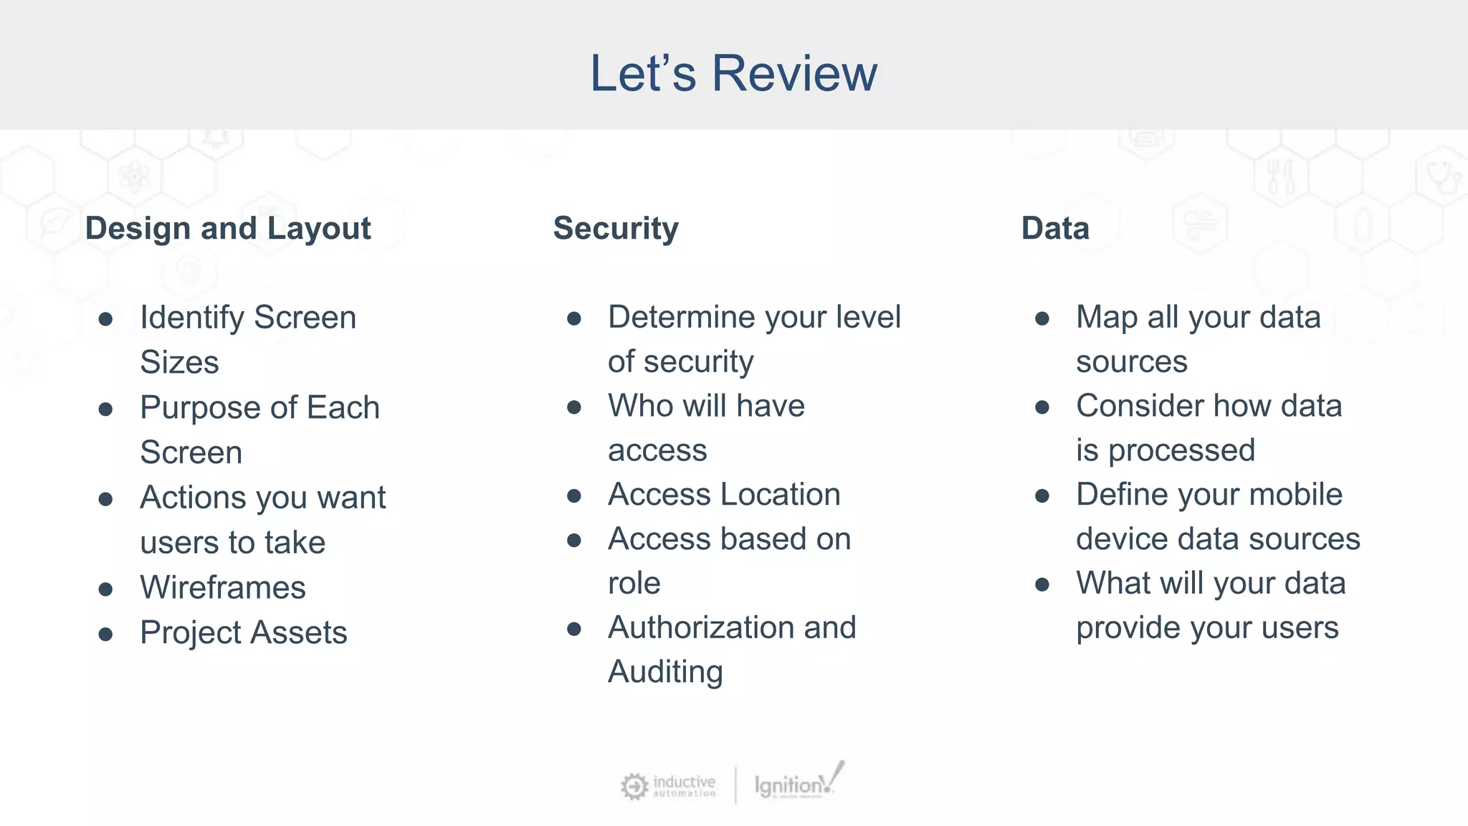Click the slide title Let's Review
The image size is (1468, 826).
733,73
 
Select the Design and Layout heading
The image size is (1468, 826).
228,229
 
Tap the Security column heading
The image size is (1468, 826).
616,229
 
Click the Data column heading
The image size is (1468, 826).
1055,229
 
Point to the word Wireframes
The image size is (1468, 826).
223,588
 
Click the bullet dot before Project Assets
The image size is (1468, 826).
106,634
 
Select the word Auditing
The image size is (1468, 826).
665,673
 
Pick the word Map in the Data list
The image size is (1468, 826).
1107,318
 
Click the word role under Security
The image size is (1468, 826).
634,584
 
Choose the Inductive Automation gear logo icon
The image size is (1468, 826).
634,786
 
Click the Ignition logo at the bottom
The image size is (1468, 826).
799,784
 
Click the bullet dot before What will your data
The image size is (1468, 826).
1042,585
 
